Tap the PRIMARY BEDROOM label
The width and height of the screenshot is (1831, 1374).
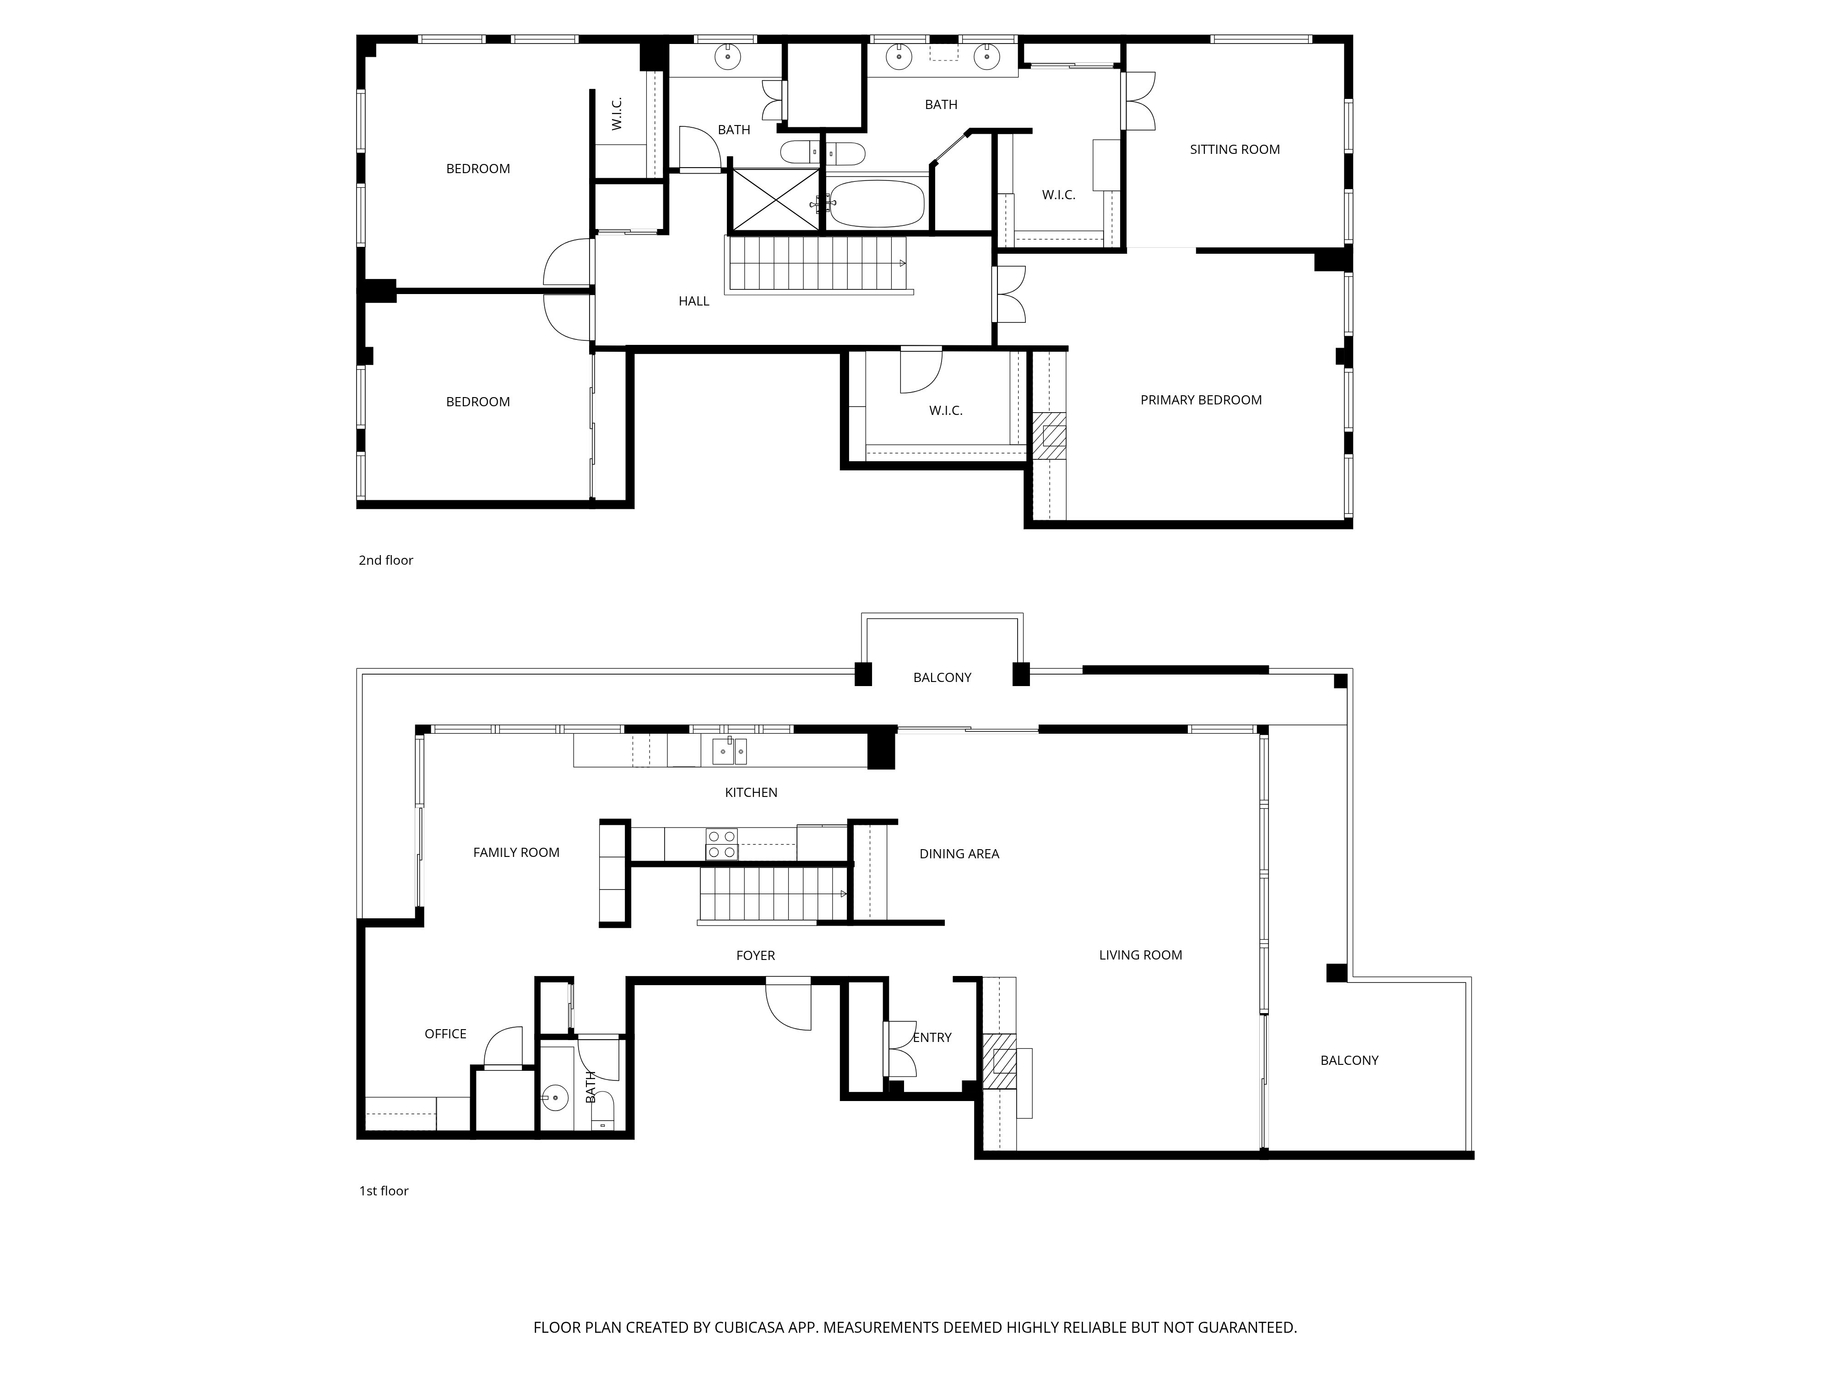point(1201,400)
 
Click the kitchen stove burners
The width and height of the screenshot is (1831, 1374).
point(721,844)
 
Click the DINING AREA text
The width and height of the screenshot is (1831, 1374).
point(959,854)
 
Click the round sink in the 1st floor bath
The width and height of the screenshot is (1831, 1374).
point(555,1099)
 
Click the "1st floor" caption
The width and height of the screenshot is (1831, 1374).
point(383,1191)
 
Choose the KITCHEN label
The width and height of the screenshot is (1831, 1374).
point(751,793)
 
